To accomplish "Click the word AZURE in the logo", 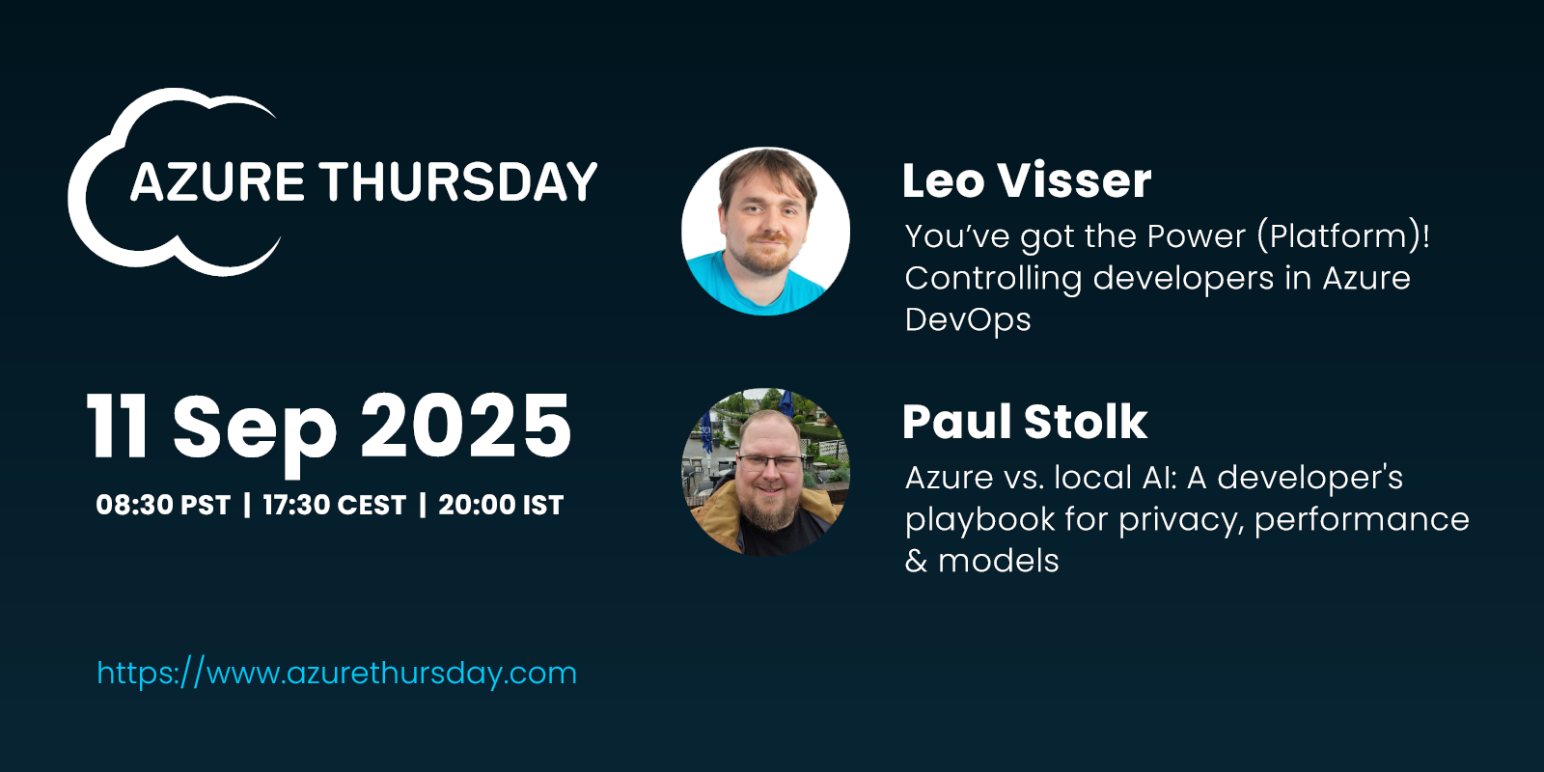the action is click(217, 182).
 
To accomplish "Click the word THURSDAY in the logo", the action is click(457, 182).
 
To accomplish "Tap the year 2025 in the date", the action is click(466, 426).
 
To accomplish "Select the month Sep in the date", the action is click(255, 434).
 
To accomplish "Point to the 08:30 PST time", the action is click(163, 506).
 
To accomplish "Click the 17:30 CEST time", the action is click(334, 506).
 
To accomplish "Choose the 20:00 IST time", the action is click(501, 506).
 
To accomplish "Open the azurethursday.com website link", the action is click(337, 673).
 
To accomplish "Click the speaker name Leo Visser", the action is click(1027, 180).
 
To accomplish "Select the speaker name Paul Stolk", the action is click(1025, 422).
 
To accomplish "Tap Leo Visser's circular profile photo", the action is click(766, 231).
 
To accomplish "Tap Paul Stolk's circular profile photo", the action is click(766, 472).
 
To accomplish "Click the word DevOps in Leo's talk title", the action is click(968, 319).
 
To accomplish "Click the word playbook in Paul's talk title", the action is click(979, 520).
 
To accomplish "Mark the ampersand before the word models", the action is click(916, 561).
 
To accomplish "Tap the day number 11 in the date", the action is click(117, 426).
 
